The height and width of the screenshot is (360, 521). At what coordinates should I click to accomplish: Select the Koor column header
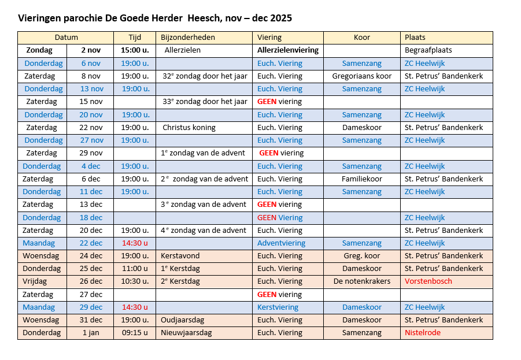(x=361, y=38)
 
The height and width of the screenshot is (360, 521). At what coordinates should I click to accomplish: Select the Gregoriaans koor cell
(x=361, y=76)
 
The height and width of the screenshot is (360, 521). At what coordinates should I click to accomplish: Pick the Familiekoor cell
(x=361, y=179)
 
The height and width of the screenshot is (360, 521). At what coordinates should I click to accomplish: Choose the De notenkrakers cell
(x=361, y=281)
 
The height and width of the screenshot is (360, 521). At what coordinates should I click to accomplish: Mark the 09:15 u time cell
(x=134, y=333)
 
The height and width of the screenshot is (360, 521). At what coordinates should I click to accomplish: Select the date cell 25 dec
(x=91, y=269)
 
